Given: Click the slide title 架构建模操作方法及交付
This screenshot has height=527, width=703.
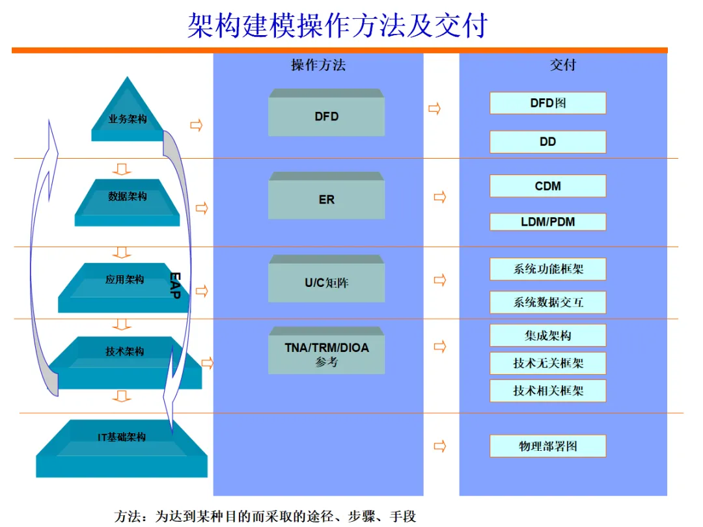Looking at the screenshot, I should tap(337, 26).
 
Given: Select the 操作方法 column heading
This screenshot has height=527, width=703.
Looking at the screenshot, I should tap(318, 65).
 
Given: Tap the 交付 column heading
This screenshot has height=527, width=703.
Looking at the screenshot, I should tap(563, 65).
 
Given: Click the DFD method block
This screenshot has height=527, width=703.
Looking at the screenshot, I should tap(326, 116).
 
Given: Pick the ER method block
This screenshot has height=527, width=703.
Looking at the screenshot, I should tap(326, 199).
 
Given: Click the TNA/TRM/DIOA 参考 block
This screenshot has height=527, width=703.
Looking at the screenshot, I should tap(326, 354).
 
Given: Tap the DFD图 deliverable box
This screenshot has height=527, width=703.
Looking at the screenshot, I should tap(547, 103).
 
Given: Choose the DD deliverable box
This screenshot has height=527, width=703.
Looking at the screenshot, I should tap(547, 142).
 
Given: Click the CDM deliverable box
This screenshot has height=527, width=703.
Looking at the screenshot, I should tap(547, 186).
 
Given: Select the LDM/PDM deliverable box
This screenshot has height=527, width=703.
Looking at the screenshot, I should tap(547, 222).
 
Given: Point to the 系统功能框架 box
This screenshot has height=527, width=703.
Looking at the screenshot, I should tap(547, 269).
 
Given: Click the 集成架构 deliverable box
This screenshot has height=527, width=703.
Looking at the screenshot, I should tap(547, 336).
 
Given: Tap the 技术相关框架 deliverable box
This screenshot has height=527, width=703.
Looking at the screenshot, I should tap(547, 390).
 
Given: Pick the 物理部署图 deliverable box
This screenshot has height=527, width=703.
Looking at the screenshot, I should tap(547, 446).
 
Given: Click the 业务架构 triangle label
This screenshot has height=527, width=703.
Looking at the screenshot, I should tap(127, 120).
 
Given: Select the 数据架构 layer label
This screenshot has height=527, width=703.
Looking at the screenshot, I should tap(127, 196).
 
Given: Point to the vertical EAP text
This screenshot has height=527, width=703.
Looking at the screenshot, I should tap(174, 286).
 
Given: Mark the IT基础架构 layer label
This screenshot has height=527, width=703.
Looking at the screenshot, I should tap(122, 438).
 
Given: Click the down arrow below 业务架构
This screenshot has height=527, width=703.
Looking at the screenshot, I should tap(121, 169).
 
